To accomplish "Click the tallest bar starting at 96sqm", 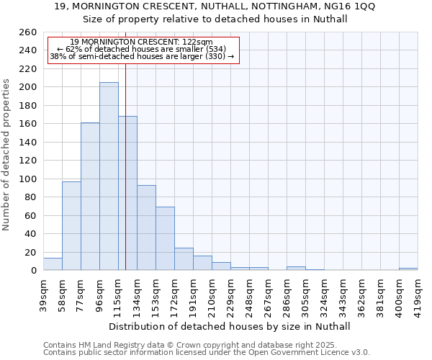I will click(109, 176).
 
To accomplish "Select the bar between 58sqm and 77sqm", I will click(71, 226).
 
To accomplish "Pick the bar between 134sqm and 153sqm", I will click(146, 228).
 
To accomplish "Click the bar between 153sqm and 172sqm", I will click(165, 238).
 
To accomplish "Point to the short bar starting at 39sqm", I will click(53, 264).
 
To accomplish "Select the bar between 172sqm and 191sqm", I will click(184, 259).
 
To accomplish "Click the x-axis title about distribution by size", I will click(230, 326).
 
